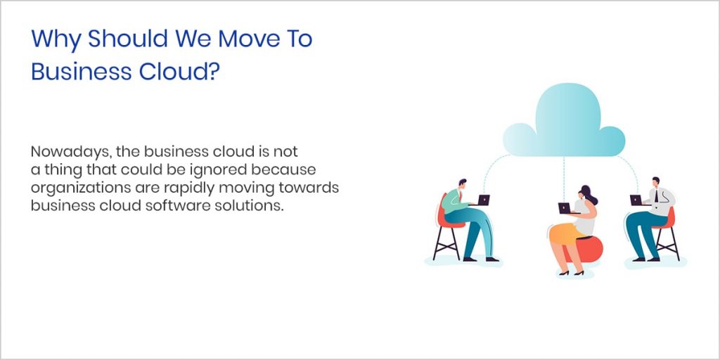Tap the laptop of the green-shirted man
tap(482, 200)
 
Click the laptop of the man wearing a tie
tap(636, 200)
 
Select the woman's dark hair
tap(586, 193)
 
